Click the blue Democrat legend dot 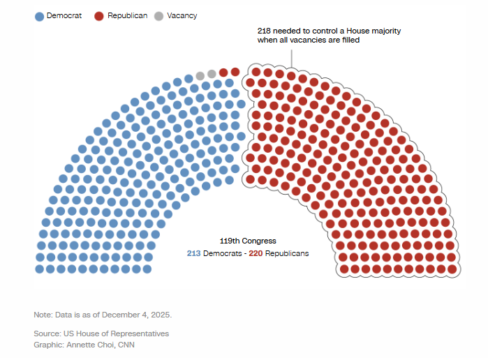click(39, 16)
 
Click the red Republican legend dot click(100, 16)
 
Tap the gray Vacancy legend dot click(159, 16)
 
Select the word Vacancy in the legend click(182, 16)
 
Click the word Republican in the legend click(127, 16)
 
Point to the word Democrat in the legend click(64, 16)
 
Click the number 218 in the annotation click(265, 31)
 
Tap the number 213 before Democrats click(193, 253)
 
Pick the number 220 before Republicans click(256, 253)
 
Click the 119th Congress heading click(248, 241)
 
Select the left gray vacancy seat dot click(200, 75)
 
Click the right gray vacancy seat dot click(212, 73)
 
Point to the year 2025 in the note click(159, 315)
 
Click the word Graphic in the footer click(47, 345)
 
